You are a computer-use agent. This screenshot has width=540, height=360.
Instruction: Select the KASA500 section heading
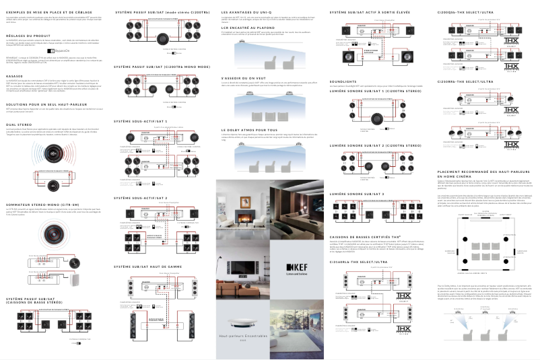(x=16, y=76)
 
